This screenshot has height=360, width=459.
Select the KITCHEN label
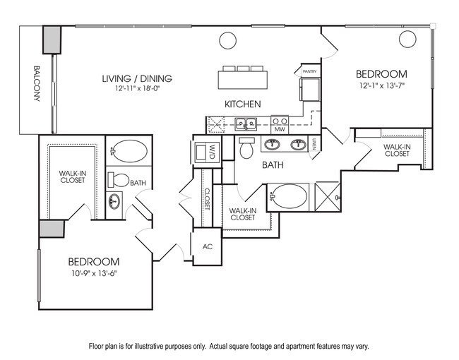click(x=243, y=104)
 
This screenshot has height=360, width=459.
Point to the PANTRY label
click(x=309, y=71)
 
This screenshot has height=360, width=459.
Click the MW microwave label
click(x=279, y=129)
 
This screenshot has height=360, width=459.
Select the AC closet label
click(x=208, y=247)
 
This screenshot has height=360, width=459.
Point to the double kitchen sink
click(x=246, y=124)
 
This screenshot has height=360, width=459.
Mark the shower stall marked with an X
click(x=328, y=195)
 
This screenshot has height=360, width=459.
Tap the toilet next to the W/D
click(x=246, y=149)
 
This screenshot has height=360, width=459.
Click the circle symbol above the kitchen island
click(x=228, y=41)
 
